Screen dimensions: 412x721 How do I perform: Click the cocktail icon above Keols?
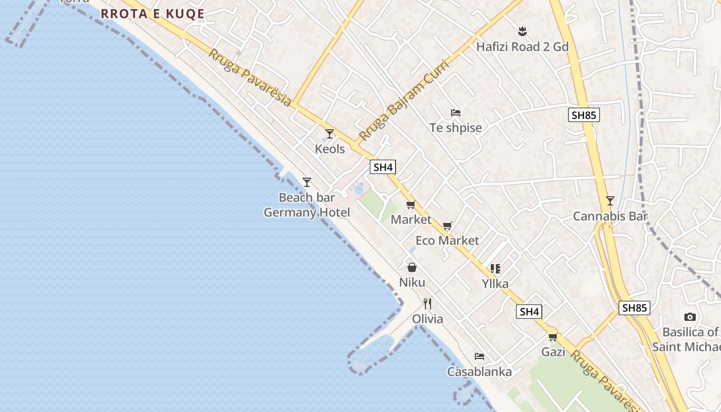pos(330,134)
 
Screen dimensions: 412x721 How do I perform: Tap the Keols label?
pos(330,149)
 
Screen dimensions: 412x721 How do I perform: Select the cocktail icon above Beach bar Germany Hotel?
pos(307,182)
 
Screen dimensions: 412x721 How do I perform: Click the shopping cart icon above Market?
pos(410,205)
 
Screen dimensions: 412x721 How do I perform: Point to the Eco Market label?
pos(447,241)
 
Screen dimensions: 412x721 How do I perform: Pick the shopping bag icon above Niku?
pos(412,267)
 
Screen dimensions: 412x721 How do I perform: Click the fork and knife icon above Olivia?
pos(427,303)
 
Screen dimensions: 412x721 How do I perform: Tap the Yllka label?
pos(495,283)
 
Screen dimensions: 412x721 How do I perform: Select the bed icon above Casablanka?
pos(479,356)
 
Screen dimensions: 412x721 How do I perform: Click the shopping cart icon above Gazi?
pos(553,337)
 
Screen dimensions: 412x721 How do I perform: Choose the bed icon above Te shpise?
pos(455,113)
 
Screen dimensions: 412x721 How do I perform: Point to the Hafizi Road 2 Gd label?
pos(522,47)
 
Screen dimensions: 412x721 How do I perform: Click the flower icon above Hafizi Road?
pos(522,31)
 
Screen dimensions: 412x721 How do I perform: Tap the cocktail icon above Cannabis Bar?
pos(610,201)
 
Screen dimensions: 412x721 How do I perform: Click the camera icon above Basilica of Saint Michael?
pos(690,317)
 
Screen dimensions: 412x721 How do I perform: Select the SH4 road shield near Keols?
pos(383,167)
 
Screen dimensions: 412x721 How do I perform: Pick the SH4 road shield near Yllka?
pos(529,312)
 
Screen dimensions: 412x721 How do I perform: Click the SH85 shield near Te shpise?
pos(584,115)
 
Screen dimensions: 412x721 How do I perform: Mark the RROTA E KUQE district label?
pos(152,14)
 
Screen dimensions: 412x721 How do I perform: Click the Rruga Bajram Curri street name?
pos(404,100)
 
